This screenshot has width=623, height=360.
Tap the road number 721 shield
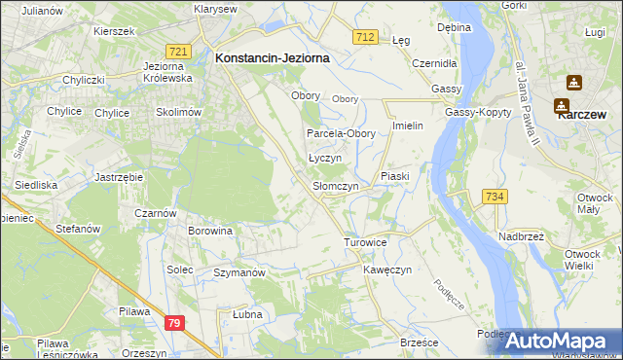(177, 51)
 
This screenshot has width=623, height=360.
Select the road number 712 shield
(365, 36)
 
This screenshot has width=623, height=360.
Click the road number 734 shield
(495, 197)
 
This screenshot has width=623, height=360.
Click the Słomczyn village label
(335, 185)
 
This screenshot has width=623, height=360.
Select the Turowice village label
(366, 241)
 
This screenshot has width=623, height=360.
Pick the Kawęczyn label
(388, 269)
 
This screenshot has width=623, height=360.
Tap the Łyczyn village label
(323, 157)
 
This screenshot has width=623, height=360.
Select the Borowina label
(211, 231)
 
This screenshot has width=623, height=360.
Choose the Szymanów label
(239, 273)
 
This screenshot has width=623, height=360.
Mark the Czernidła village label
(434, 62)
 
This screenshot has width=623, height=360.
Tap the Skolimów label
(176, 112)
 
